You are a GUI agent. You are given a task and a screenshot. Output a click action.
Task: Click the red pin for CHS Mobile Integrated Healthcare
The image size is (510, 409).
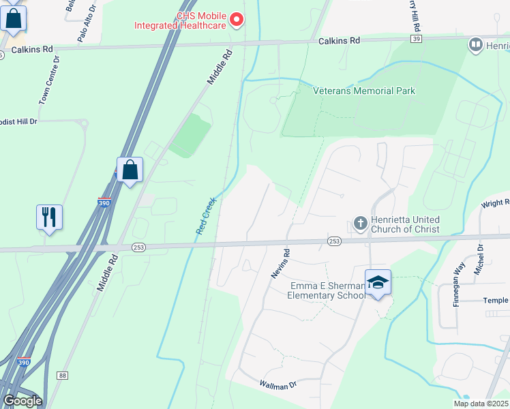[x=237, y=20]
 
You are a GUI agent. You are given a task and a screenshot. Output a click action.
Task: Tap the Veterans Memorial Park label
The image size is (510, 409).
[x=364, y=91]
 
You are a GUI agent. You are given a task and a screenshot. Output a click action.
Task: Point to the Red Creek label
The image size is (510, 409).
[x=205, y=216]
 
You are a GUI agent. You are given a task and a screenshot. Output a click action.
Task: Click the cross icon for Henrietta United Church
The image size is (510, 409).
[x=361, y=224]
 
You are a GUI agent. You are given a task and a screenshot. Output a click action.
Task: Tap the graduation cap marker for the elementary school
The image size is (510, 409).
[x=378, y=282]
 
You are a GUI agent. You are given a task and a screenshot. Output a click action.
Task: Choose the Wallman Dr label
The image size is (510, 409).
[x=277, y=385]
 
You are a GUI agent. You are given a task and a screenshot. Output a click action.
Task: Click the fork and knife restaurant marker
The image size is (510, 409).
[x=49, y=217]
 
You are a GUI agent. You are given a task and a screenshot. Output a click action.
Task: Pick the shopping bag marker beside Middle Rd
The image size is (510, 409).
[x=130, y=170]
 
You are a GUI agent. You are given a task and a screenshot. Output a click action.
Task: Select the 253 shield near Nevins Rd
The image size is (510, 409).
[x=334, y=241]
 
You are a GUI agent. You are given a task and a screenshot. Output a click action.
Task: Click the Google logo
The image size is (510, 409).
[x=22, y=401]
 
